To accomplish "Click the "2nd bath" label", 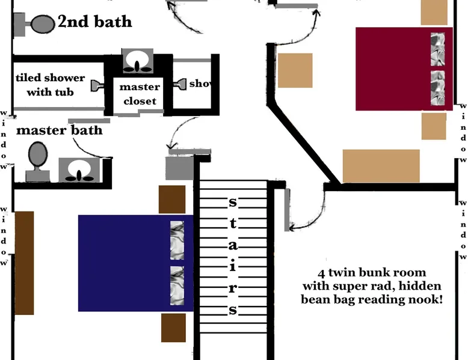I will [94, 23].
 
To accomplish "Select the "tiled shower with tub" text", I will [50, 85].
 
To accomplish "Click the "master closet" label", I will [140, 94].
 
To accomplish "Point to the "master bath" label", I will [59, 130].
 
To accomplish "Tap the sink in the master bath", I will [79, 171].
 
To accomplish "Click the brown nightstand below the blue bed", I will [173, 328].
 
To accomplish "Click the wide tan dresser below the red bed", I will [381, 165].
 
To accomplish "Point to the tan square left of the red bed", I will [295, 70].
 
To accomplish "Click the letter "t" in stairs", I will [232, 224].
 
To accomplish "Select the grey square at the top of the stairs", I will [177, 166].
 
